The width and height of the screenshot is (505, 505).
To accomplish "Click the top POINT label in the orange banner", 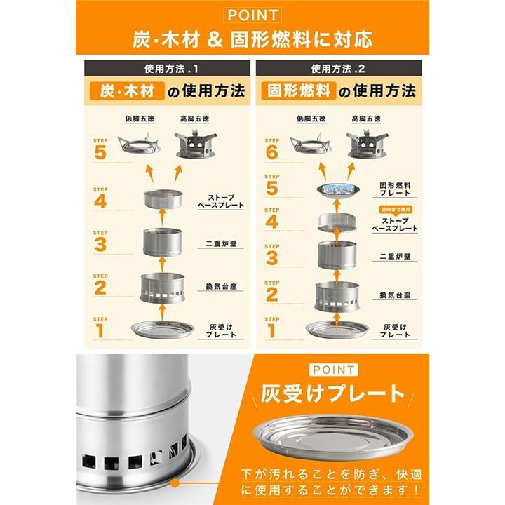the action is [x=252, y=15].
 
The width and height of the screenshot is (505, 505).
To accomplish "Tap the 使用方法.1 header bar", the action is [x=167, y=68].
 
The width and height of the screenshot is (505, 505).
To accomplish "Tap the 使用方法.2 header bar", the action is [x=339, y=68].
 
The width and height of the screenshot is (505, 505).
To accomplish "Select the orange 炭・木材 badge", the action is [x=127, y=91].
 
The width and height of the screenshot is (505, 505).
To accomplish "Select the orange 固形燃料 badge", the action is [x=299, y=91].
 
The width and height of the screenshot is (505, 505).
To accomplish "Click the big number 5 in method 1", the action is [x=100, y=152].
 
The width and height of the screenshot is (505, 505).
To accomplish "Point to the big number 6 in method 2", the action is [x=272, y=152].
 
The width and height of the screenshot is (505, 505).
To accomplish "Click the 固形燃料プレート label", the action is [x=395, y=189].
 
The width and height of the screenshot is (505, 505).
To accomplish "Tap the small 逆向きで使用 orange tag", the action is [x=395, y=209].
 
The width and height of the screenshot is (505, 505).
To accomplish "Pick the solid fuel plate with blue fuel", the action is [x=337, y=190].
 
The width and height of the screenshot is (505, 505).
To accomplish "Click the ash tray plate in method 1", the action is [x=163, y=330].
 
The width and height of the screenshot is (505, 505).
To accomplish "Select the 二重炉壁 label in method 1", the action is [x=221, y=243].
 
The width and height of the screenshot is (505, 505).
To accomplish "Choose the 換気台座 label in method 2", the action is [x=395, y=295].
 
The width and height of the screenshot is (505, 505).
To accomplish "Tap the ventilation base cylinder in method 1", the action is [x=162, y=288].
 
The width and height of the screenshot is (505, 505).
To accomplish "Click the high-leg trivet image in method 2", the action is [x=367, y=144].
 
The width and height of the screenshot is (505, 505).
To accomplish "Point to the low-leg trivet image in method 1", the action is [x=139, y=144].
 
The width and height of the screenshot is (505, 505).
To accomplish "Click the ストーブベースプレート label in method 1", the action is [x=221, y=201].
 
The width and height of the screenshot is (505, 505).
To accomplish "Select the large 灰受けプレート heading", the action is [x=332, y=394].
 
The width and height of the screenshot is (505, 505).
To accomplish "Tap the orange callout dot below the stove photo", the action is [x=175, y=483].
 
